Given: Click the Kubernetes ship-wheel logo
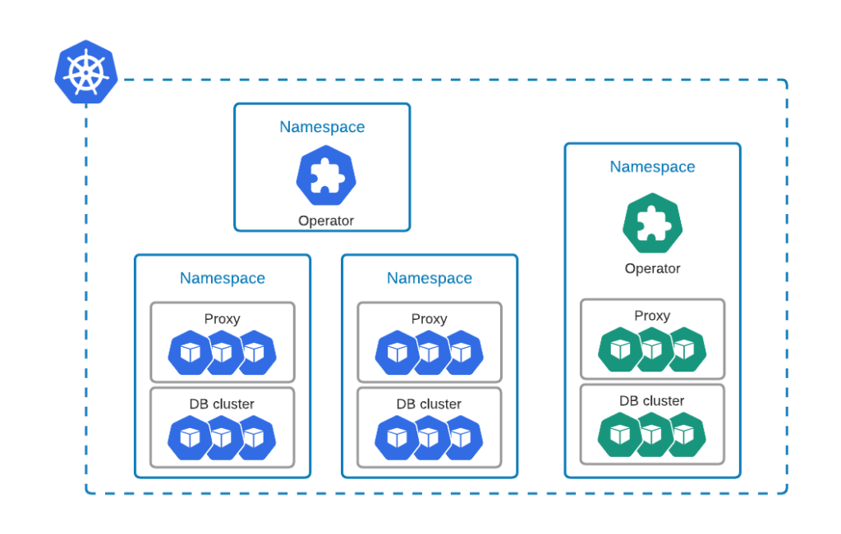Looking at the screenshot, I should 86,72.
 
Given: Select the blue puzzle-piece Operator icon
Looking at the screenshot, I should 325,176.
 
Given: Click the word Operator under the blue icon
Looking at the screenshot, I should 325,221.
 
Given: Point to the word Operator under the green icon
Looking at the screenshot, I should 652,268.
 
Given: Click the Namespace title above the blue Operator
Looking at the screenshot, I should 322,127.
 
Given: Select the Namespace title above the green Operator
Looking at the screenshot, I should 652,167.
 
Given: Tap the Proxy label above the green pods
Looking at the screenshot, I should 652,316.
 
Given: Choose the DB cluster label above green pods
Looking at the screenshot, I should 652,401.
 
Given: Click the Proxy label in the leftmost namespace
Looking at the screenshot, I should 222,319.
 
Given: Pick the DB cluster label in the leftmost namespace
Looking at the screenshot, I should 222,404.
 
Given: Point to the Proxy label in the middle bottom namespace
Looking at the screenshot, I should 429,319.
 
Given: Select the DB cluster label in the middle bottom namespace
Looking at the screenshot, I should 429,404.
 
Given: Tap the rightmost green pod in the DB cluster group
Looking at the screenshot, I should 685,435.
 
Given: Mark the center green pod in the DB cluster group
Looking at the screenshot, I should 652,435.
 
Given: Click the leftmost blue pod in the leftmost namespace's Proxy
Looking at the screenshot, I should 190,353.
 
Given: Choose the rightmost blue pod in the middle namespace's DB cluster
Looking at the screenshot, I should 462,438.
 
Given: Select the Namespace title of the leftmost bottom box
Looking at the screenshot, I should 222,278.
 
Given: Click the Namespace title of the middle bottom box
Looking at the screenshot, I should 429,278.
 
